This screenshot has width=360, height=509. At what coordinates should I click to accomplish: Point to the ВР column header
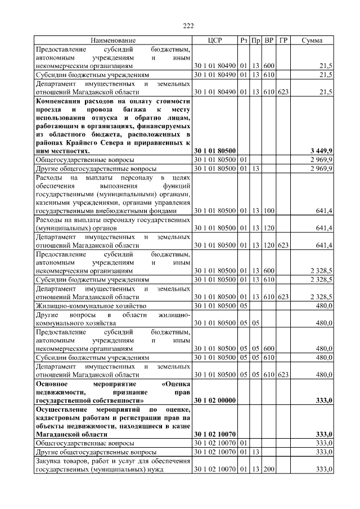click(x=269, y=41)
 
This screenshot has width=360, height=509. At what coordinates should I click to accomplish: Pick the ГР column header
click(x=283, y=41)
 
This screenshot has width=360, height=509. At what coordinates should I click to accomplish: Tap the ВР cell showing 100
click(x=269, y=211)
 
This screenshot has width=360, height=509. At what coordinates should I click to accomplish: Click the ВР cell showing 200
click(x=269, y=469)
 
